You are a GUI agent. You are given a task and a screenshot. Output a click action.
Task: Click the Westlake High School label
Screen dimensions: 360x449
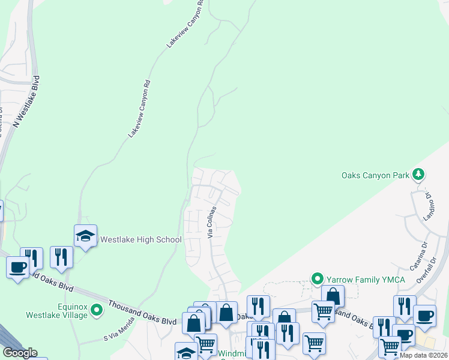(x=140, y=239)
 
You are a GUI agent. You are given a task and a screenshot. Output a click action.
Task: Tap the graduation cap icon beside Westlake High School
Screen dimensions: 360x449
(x=85, y=236)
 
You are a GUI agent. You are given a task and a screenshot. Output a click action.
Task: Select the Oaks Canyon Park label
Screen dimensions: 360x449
(x=375, y=175)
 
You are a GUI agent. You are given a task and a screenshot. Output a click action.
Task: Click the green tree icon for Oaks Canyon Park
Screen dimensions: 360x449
(x=418, y=175)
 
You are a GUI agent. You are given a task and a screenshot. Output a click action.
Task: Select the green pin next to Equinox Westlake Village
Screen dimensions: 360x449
(x=95, y=310)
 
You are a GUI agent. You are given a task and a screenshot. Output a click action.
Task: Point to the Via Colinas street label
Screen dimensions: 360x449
(x=212, y=223)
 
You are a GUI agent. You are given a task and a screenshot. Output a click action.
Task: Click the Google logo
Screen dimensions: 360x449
(x=20, y=353)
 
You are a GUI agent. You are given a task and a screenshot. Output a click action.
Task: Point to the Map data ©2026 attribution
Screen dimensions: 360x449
(x=423, y=355)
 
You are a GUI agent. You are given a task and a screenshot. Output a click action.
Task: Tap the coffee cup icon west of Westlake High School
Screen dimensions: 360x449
(x=17, y=266)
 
